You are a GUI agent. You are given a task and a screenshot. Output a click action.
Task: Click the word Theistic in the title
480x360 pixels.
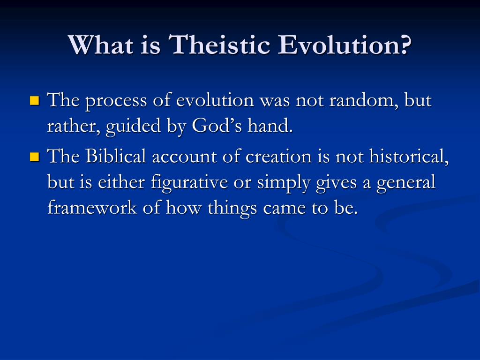point(219,45)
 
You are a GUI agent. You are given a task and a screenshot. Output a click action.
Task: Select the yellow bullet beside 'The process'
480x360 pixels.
point(35,100)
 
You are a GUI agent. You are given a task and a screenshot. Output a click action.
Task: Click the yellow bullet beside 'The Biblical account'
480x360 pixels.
point(35,157)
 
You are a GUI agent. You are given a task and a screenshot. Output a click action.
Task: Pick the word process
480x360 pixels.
point(116,101)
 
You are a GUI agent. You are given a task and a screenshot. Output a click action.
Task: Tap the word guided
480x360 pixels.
point(133,127)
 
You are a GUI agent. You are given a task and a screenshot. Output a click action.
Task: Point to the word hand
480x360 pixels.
point(270,126)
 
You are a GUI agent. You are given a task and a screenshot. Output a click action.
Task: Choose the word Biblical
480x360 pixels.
point(116,156)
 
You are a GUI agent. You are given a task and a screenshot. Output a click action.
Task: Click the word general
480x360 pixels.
point(406,183)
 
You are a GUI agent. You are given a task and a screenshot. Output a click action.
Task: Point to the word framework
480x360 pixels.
point(92,208)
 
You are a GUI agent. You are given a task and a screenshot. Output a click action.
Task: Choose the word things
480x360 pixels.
point(232,209)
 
